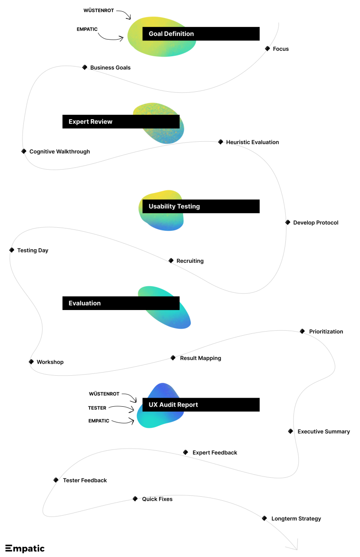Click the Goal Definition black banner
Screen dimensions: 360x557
201,34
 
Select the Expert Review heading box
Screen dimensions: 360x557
121,121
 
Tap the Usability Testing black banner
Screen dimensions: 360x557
201,206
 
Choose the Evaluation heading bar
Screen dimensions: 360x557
121,303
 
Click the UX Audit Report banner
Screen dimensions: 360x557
201,404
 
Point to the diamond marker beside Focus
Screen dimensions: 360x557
267,49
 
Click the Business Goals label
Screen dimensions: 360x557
110,67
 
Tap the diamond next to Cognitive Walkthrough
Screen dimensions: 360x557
24,151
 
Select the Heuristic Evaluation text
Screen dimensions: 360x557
252,142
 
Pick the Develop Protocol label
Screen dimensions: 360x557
316,223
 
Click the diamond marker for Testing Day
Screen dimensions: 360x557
12,250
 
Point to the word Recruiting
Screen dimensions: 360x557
190,261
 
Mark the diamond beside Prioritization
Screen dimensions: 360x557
302,331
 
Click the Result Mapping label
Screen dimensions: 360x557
201,358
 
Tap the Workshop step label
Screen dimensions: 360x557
50,362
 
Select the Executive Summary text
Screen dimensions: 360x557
324,431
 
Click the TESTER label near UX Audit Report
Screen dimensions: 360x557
97,408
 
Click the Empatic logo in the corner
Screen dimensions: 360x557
25,548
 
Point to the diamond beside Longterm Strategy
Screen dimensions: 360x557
265,518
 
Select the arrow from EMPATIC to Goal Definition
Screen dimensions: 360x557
109,38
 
